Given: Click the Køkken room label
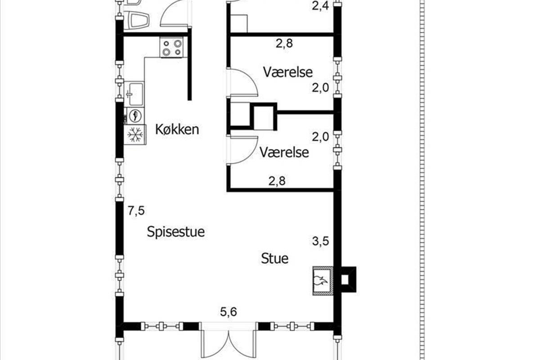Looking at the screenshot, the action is (x=177, y=130).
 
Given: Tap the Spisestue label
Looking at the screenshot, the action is (x=176, y=232).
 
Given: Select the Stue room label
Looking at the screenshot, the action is (x=275, y=258).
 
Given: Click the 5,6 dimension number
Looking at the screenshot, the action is (x=229, y=312).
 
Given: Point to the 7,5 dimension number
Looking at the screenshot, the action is (x=136, y=211).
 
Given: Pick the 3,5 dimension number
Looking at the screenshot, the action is (x=320, y=241).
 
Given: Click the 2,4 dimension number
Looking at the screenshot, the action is (x=320, y=6).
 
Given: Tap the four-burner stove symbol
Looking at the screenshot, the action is (x=171, y=47).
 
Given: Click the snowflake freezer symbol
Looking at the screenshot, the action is (x=135, y=135).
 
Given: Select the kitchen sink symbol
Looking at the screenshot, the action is (x=134, y=94).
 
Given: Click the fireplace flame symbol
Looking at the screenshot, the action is (x=320, y=280).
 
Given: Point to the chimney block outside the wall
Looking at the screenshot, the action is (x=348, y=279).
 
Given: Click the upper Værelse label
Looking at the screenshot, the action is (x=288, y=72).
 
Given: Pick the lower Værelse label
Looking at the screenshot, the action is (x=284, y=153).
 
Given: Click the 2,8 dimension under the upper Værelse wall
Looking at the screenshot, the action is (x=284, y=44).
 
